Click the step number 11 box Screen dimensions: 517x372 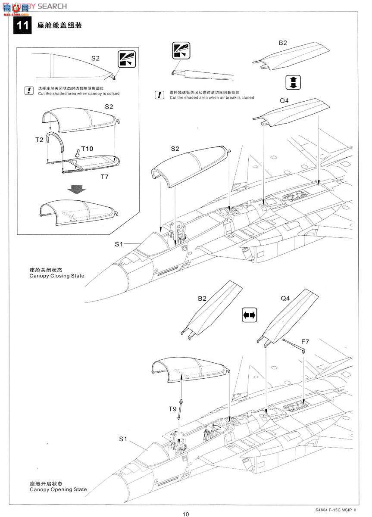coord(22,25)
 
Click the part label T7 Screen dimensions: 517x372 coord(105,177)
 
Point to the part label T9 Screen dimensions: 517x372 coord(172,408)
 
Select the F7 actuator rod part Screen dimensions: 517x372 coord(294,344)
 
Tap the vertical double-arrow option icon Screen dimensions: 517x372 coord(293,82)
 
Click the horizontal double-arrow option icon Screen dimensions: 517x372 coord(250,315)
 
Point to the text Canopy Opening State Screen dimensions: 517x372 coord(58,489)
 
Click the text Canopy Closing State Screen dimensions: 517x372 coord(56,276)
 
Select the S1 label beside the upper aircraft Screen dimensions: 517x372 coord(119,244)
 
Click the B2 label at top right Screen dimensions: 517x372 coord(283,43)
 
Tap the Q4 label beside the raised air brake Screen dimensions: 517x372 coord(285,298)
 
